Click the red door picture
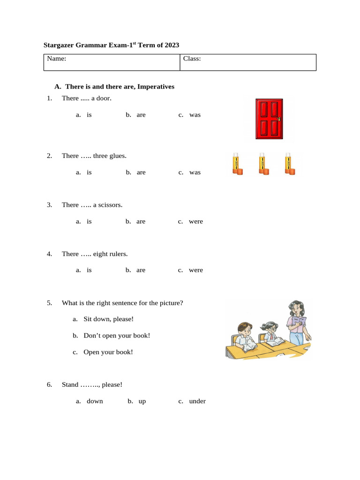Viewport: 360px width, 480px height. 269,119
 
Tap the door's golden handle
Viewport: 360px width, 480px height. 278,119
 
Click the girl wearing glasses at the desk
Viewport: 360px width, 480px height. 270,332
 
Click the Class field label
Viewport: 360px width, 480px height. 192,59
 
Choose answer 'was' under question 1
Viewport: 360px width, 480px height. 195,115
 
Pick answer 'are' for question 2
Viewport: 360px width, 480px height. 141,172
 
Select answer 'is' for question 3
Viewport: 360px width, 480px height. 89,221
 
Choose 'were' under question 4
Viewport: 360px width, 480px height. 196,270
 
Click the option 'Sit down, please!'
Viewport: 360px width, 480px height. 108,319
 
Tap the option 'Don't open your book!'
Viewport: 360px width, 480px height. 117,336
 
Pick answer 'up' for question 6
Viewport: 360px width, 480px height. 142,401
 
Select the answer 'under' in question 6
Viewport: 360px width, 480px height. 197,401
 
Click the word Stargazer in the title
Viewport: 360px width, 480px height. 59,45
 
